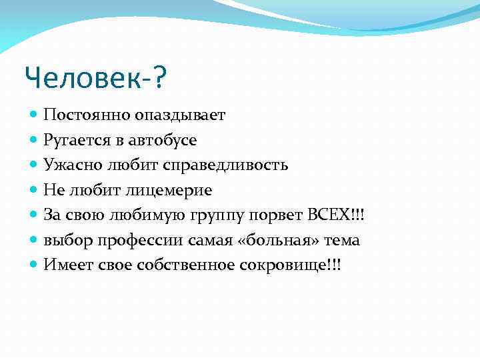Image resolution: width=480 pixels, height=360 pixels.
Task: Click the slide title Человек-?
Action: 96,79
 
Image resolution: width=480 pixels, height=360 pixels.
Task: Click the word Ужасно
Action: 67,165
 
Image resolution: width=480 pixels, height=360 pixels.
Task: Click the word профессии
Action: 127,240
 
